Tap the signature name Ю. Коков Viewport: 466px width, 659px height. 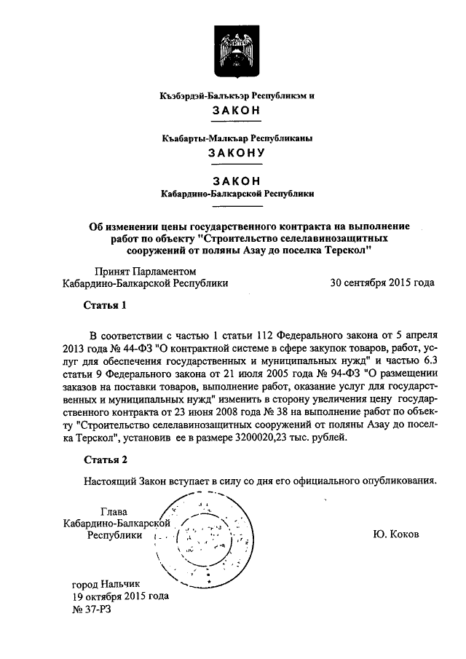coord(395,534)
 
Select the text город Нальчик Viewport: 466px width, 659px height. coord(108,583)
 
